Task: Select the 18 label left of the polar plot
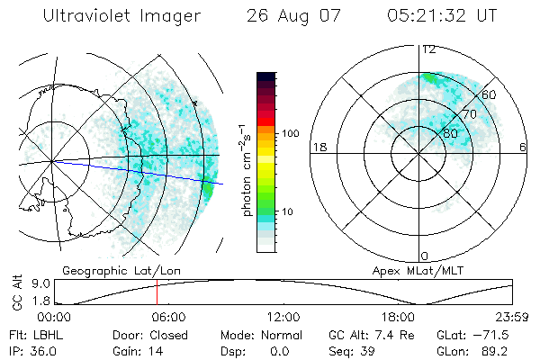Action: pos(318,147)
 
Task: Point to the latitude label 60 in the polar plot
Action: pos(490,94)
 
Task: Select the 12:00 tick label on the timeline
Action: pos(283,317)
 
